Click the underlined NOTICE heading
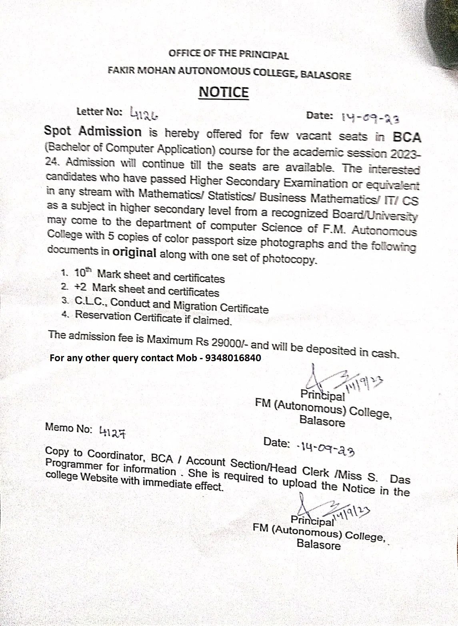click(224, 92)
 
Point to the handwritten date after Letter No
click(370, 118)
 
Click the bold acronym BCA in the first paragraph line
click(407, 137)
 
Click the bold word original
click(134, 252)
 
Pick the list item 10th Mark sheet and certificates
click(149, 276)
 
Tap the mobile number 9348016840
click(233, 358)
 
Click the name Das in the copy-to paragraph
click(400, 479)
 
